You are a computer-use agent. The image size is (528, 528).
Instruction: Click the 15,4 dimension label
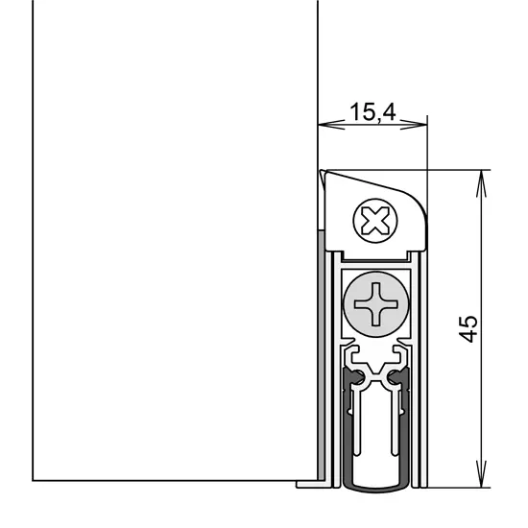[372, 111]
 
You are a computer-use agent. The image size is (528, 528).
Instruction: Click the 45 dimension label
[468, 328]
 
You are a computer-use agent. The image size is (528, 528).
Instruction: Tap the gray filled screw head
[376, 304]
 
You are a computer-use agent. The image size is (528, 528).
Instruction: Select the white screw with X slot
[375, 221]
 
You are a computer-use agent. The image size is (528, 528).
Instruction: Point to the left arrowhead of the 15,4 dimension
[331, 125]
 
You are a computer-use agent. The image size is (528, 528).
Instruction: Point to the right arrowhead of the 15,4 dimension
[414, 125]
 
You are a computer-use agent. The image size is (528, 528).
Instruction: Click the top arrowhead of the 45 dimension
[482, 183]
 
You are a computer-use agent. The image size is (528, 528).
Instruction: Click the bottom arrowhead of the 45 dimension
[482, 474]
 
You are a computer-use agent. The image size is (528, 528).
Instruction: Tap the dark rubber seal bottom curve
[376, 488]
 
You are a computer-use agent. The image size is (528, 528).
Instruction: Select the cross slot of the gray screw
[376, 304]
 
